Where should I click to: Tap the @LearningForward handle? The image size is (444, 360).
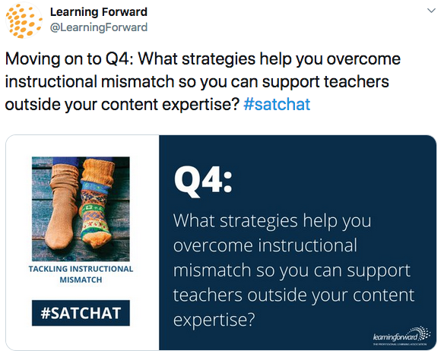[99, 27]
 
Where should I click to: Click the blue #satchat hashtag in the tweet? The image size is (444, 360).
[277, 104]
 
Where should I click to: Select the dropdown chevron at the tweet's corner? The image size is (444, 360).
[431, 11]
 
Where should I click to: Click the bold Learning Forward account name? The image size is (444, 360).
[99, 12]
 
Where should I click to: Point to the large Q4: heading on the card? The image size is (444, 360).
[203, 180]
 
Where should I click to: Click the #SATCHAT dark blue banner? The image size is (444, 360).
[81, 313]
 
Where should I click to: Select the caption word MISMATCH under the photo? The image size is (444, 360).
[81, 279]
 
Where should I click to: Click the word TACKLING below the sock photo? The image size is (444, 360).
[48, 269]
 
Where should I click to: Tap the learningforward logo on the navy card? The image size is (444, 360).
[401, 336]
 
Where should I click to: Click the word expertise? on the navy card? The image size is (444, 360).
[214, 320]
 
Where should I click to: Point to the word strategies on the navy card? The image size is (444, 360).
[258, 220]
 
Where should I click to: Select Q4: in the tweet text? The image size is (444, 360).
[119, 59]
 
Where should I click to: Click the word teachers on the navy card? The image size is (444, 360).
[208, 295]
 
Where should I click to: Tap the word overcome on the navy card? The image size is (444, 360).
[213, 245]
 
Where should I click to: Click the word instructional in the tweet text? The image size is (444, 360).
[51, 82]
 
